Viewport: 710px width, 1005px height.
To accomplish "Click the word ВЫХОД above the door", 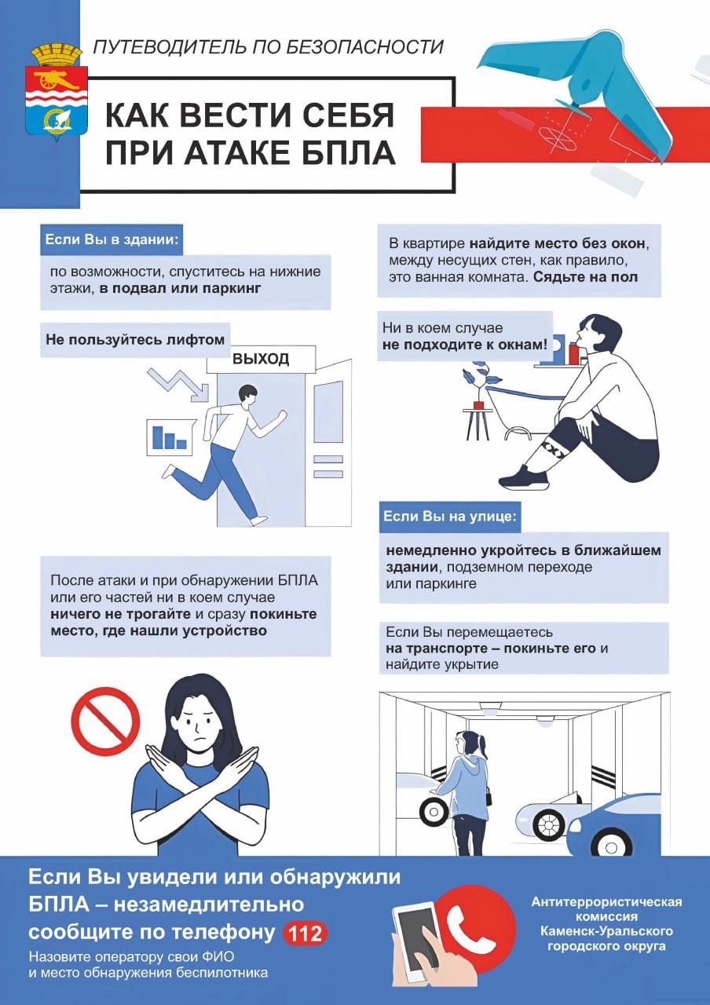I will (261, 360).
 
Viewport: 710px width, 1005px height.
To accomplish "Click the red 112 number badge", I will (304, 934).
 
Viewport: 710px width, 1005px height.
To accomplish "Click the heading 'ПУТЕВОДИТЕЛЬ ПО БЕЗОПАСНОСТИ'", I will (268, 47).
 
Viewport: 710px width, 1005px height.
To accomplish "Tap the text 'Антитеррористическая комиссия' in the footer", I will (606, 909).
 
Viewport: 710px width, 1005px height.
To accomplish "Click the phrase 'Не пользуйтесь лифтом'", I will (135, 340).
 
